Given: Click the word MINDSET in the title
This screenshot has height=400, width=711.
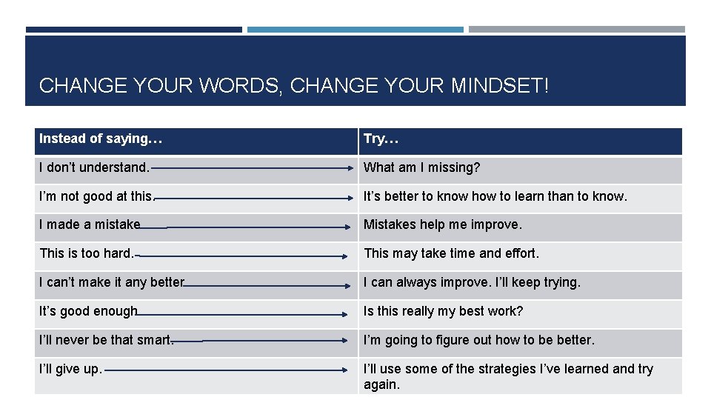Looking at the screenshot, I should tap(499, 86).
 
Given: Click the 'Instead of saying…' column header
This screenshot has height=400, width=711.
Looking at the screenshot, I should tap(101, 139).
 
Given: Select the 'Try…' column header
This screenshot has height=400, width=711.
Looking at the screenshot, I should tap(381, 139).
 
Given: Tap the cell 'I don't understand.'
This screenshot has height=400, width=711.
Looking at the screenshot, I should tap(94, 167).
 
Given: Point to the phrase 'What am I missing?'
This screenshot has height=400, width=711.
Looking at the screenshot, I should tap(421, 167).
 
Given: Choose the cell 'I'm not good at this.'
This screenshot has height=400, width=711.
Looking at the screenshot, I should tap(96, 196).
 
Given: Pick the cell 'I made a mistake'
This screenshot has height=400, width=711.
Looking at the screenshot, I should tap(90, 224).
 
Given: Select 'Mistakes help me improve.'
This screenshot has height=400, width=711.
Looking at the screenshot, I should tap(442, 224).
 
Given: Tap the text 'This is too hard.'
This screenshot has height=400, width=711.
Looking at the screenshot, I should tap(87, 253).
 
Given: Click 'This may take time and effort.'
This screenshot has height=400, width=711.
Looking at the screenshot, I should tap(451, 253).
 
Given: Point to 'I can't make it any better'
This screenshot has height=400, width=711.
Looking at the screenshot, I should tap(111, 282).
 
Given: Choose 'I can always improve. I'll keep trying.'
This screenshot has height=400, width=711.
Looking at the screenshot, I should tap(472, 282).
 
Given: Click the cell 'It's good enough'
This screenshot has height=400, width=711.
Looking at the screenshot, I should tap(88, 311).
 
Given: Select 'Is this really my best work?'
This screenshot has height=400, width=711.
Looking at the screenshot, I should tap(443, 311).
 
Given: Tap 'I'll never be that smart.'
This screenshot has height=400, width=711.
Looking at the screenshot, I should tap(106, 340).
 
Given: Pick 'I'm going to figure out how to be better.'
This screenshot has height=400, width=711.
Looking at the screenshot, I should tap(478, 340).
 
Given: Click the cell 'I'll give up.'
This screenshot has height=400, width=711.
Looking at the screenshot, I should tap(70, 369).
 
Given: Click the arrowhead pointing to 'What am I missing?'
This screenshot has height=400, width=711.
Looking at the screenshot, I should tap(351, 168).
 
